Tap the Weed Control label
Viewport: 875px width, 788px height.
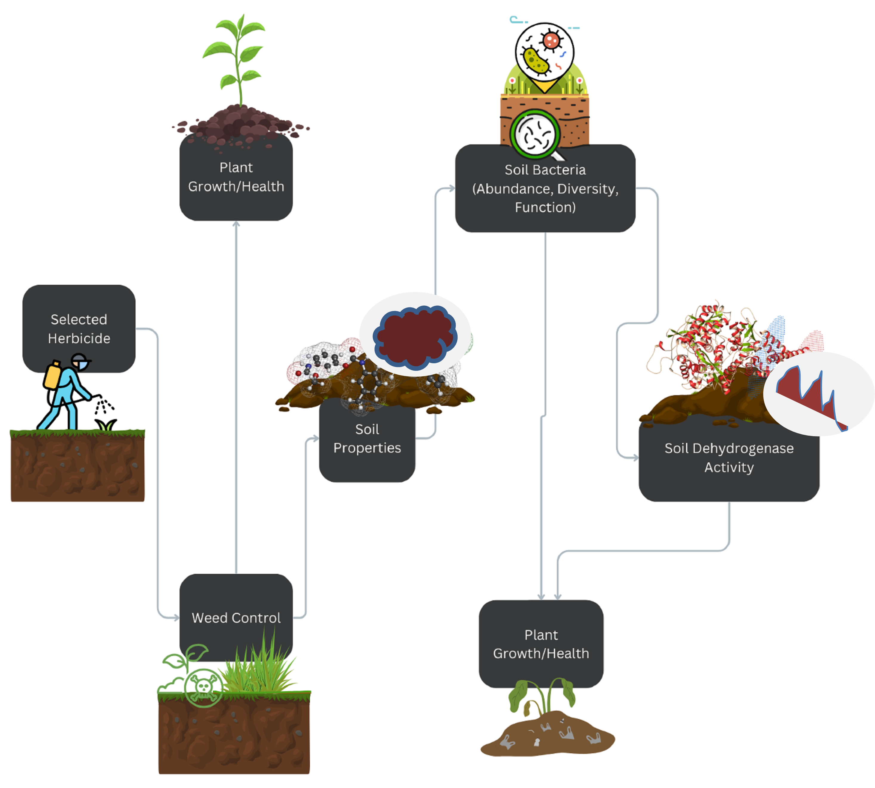[x=236, y=618]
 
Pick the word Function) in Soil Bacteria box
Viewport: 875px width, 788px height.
[x=545, y=207]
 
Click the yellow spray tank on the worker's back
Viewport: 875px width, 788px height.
[x=52, y=375]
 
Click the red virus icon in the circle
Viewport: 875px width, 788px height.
[x=551, y=41]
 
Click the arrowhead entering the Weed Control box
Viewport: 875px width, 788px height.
[x=176, y=618]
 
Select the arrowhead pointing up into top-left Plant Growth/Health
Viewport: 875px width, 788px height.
[x=236, y=224]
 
